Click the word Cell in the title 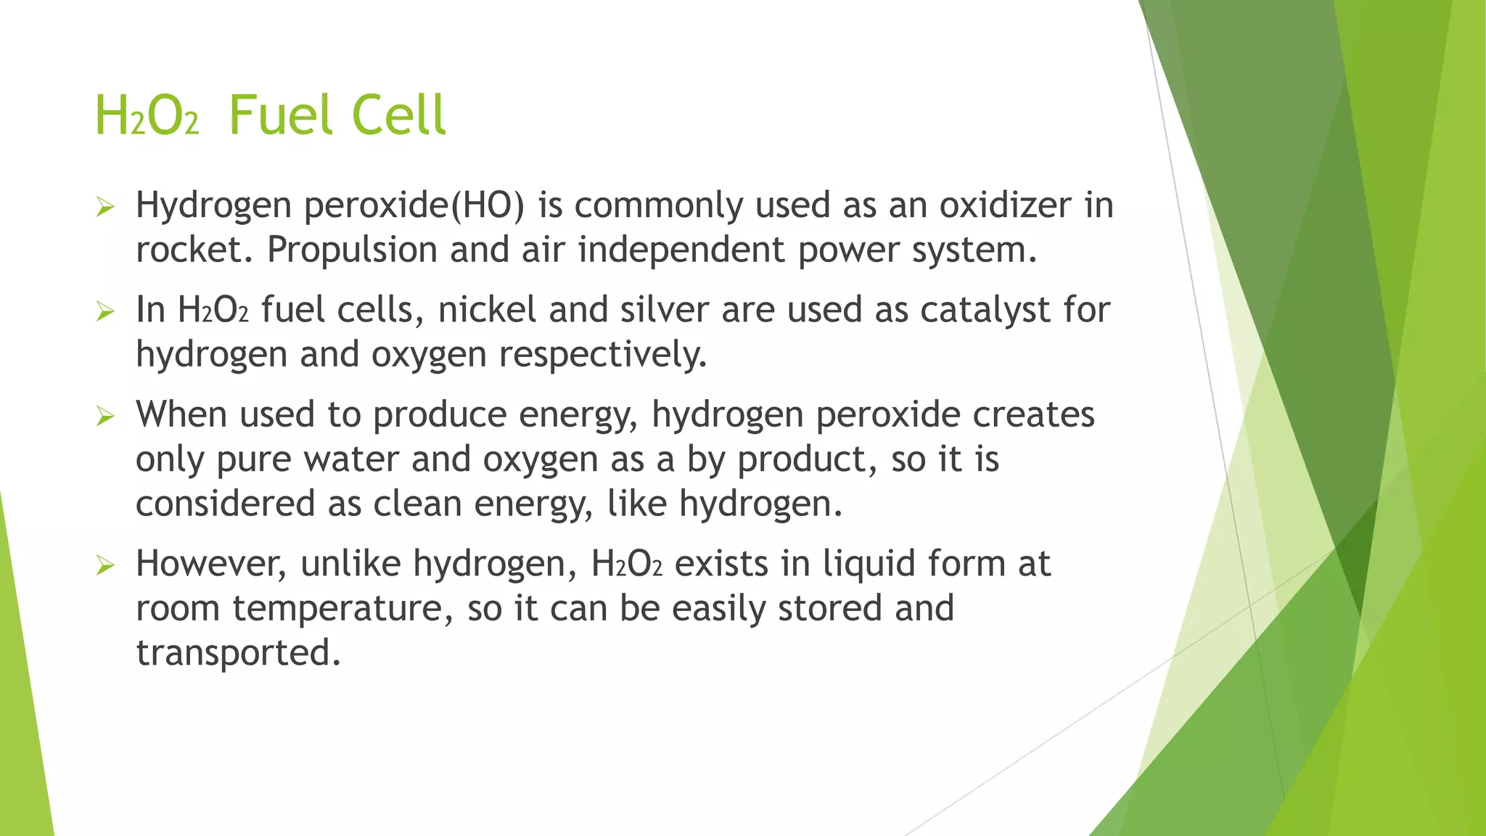[398, 116]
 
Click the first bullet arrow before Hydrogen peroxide [105, 208]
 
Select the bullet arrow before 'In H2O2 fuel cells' [105, 313]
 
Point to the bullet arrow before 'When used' [105, 417]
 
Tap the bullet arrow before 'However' [105, 566]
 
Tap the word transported [238, 653]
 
